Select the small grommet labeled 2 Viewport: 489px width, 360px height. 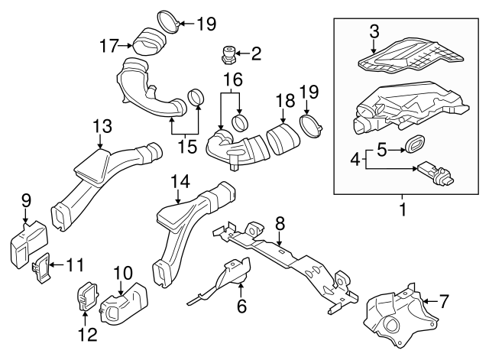[x=227, y=55]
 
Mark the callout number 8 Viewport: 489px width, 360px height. [x=280, y=222]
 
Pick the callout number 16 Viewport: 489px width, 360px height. [x=232, y=79]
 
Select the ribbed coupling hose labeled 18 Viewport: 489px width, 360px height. [x=282, y=141]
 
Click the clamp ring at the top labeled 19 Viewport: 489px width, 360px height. [x=169, y=21]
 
